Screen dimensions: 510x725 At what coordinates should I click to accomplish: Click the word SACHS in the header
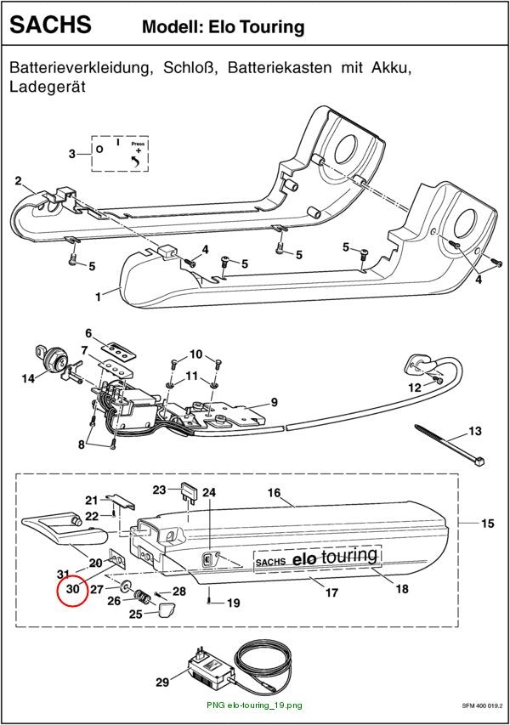click(x=50, y=24)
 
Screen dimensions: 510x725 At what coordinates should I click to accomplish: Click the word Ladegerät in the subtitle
click(x=48, y=87)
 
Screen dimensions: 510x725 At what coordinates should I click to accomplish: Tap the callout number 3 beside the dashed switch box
click(x=72, y=154)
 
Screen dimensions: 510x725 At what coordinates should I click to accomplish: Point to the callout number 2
click(x=18, y=181)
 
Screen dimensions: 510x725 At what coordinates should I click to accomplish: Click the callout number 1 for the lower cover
click(x=98, y=297)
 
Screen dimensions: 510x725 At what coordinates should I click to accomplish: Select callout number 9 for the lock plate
click(x=275, y=402)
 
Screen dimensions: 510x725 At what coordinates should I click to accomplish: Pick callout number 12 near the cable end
click(x=414, y=388)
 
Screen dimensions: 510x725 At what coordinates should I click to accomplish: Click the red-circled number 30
click(x=73, y=589)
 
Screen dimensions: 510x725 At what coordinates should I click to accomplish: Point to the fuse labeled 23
click(x=189, y=491)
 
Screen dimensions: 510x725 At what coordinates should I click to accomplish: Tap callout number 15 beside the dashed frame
click(x=488, y=524)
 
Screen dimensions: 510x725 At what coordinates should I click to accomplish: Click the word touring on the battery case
click(x=349, y=556)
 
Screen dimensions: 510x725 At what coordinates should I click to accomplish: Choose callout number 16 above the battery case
click(x=275, y=493)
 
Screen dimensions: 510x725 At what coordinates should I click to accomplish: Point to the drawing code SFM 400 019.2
click(x=482, y=706)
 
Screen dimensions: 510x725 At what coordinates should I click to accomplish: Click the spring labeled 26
click(x=142, y=597)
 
